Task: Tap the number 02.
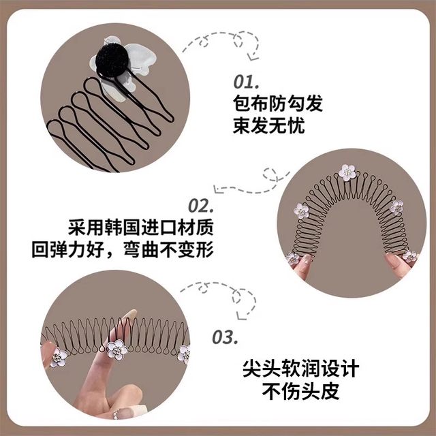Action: coord(200,205)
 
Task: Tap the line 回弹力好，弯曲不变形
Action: coord(123,250)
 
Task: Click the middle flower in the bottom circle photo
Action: coord(117,351)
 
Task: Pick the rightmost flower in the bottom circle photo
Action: coord(184,354)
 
